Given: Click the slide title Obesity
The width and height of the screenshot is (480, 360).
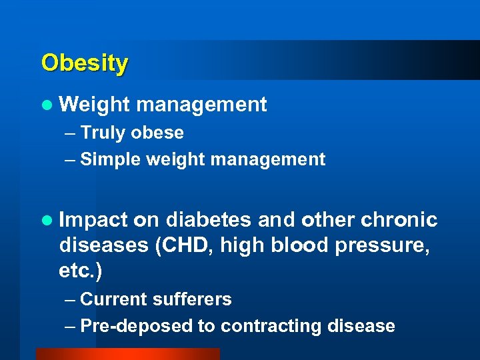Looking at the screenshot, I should pos(84,63).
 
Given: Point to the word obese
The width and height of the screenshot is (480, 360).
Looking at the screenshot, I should pos(157,133).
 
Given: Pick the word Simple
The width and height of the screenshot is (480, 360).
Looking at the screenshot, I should pos(110,160).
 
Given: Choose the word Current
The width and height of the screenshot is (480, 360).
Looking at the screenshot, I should pos(113,300).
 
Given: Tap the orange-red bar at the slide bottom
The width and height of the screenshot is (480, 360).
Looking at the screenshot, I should pos(127,354).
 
